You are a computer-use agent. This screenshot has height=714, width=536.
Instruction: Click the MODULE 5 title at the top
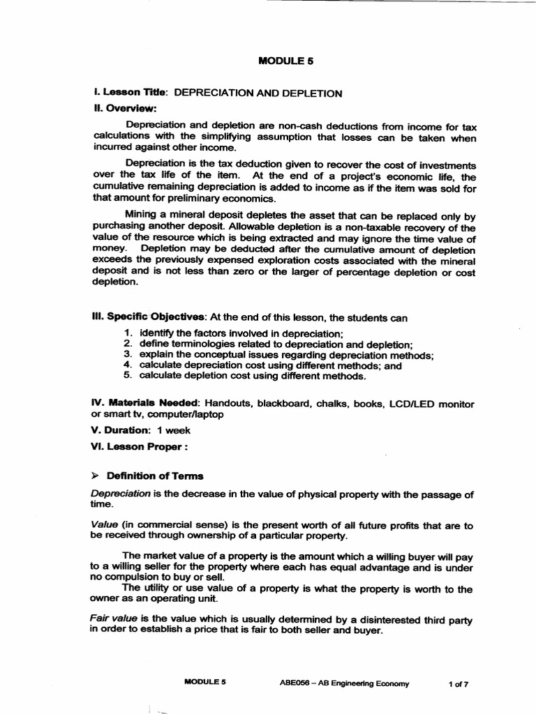286,61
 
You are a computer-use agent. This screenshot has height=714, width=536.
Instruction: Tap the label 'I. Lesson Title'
131,92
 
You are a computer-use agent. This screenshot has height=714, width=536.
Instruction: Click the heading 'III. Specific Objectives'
149,317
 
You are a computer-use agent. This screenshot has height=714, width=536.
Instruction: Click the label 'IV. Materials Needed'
146,404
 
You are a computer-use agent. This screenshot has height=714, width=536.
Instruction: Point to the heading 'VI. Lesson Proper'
140,446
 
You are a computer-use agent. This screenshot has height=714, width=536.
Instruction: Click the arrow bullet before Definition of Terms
96,476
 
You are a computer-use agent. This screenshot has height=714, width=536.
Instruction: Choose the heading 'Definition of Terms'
154,476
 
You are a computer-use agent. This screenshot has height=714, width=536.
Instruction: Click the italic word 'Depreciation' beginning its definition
121,494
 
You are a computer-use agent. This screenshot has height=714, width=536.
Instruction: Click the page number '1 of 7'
458,684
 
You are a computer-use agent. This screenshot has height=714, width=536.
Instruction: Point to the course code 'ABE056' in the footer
294,684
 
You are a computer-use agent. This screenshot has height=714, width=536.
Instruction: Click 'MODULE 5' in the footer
204,683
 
